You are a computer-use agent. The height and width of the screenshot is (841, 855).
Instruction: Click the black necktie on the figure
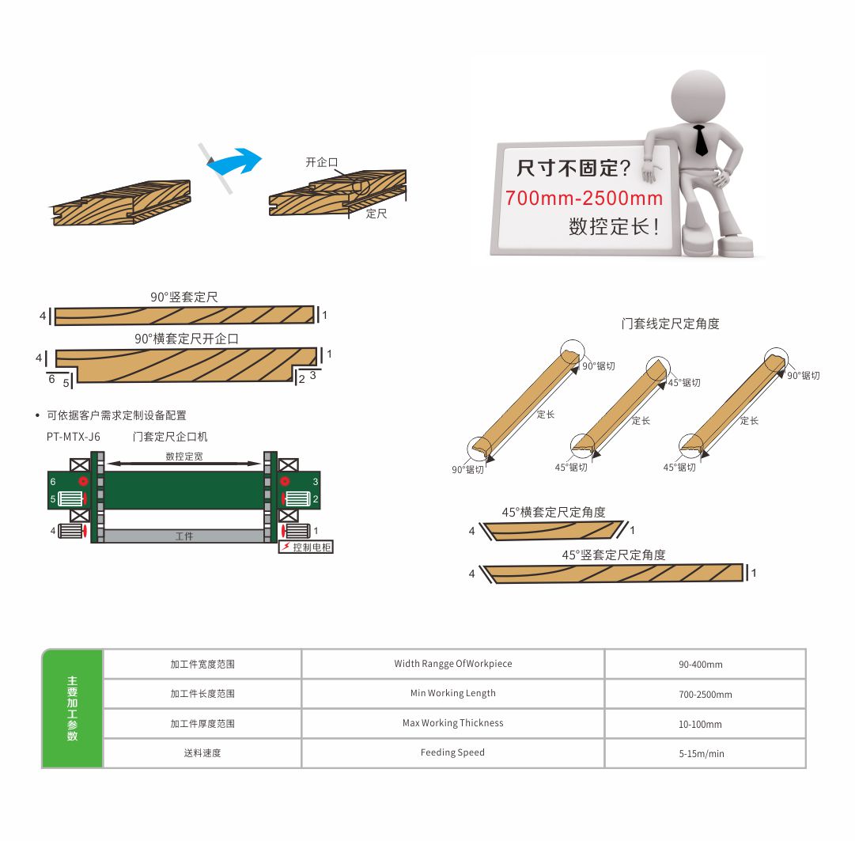tap(700, 141)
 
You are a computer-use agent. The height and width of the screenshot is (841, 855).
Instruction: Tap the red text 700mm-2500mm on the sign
tap(584, 198)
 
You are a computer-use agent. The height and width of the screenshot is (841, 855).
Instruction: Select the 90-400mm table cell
tap(705, 665)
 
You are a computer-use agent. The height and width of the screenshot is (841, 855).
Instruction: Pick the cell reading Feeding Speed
tap(452, 753)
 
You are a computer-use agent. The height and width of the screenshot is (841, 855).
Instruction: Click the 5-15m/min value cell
tap(705, 753)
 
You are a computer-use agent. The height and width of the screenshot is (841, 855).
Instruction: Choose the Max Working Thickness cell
tap(452, 723)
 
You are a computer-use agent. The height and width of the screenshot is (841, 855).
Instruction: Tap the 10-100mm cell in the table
tap(705, 724)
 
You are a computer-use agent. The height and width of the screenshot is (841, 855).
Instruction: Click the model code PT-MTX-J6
tap(74, 437)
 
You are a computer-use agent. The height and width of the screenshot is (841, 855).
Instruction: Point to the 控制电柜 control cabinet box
tap(306, 547)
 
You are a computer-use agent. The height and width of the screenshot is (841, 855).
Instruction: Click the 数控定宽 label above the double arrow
tap(184, 456)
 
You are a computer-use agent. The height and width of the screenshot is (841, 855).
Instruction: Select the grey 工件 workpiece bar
tap(184, 536)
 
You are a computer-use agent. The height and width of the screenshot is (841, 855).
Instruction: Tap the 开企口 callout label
tap(322, 162)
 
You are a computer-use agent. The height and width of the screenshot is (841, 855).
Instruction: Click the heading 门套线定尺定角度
tap(670, 324)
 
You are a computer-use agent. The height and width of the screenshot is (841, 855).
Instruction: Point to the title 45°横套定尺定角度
tap(554, 512)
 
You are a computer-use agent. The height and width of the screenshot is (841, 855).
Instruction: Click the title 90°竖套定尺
tap(184, 297)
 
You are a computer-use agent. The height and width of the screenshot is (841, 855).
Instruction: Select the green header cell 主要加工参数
tap(73, 708)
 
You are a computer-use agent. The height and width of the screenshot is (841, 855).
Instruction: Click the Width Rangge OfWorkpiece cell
tap(452, 664)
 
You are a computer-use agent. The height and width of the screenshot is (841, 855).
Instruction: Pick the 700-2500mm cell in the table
tap(705, 695)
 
